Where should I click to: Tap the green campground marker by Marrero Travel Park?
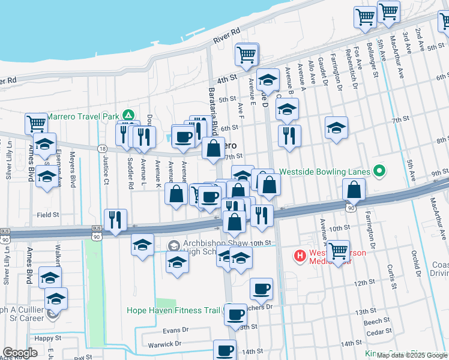pyautogui.click(x=127, y=115)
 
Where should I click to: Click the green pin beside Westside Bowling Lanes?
pyautogui.click(x=378, y=172)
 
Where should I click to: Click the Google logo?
pyautogui.click(x=20, y=353)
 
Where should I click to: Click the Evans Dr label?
pyautogui.click(x=175, y=330)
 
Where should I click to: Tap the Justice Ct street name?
pyautogui.click(x=106, y=170)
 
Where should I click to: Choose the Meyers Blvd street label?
pyautogui.click(x=72, y=172)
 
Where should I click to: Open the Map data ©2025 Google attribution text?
pyautogui.click(x=412, y=355)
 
